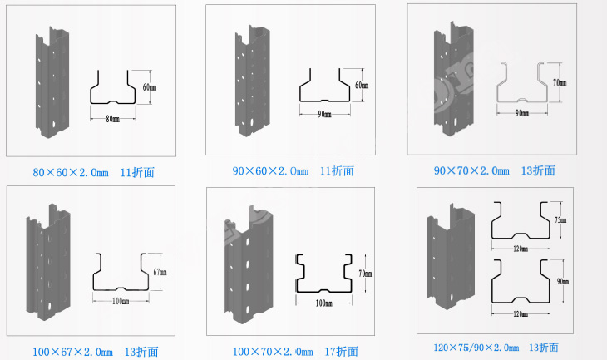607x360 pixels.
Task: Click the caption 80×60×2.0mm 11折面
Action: point(93,173)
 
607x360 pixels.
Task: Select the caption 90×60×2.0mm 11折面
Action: point(293,171)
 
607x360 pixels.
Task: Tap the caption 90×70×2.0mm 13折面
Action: point(494,170)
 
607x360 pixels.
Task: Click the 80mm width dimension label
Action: point(113,119)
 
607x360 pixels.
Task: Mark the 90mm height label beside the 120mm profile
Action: point(563,282)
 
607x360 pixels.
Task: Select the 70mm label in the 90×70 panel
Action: point(560,82)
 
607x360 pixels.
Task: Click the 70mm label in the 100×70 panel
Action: point(363,273)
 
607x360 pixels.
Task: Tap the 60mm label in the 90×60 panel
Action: point(360,86)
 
